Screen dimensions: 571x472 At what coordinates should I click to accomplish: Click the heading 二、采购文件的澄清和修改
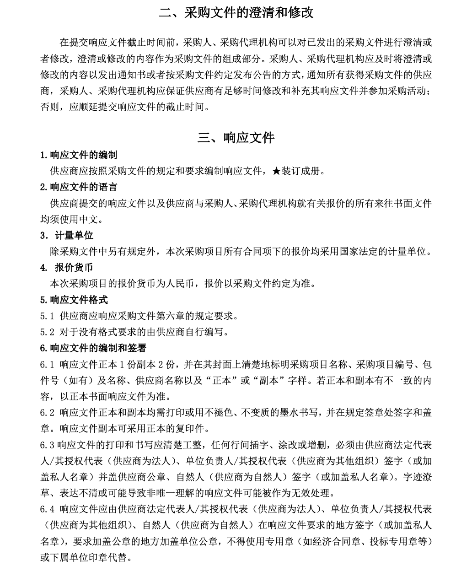click(x=236, y=12)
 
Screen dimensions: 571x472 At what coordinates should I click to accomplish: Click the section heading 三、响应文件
click(x=236, y=138)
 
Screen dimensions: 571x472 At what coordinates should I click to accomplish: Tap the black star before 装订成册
click(x=276, y=171)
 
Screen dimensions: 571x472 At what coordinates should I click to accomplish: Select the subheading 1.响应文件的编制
click(x=78, y=155)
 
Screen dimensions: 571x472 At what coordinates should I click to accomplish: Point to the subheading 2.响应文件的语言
click(x=78, y=187)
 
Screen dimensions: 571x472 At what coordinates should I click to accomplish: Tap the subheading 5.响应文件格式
click(x=74, y=300)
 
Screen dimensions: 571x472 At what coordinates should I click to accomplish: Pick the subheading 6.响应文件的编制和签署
click(x=93, y=348)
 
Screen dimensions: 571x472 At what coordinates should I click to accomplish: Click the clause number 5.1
click(x=47, y=316)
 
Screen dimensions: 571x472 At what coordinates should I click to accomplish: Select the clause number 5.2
click(x=47, y=332)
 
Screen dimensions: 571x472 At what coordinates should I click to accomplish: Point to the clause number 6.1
click(x=47, y=365)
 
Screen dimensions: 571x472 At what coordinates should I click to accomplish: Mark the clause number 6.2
click(x=47, y=413)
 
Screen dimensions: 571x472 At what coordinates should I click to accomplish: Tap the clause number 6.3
click(x=47, y=445)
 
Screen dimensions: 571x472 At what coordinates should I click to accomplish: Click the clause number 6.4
click(x=47, y=509)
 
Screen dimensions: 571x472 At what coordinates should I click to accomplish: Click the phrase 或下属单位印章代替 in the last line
click(x=86, y=558)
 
